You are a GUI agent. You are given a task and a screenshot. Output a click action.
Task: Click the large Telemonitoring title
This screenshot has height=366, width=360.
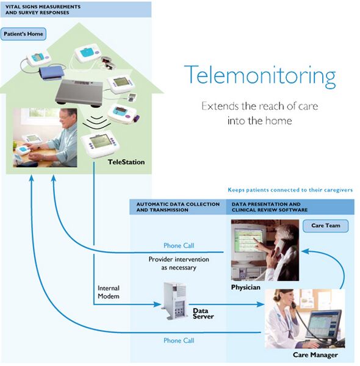(260, 76)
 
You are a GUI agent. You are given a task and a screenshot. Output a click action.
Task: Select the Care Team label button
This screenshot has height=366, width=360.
(325, 226)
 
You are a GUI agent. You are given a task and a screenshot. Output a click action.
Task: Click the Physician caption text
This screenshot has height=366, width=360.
(247, 286)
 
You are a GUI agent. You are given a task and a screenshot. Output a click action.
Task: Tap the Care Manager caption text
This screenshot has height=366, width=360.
(315, 354)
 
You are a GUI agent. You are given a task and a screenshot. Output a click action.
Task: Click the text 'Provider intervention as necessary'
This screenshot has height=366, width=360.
(179, 263)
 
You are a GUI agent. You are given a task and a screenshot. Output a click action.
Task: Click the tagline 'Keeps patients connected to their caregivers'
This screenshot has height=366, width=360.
(290, 190)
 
